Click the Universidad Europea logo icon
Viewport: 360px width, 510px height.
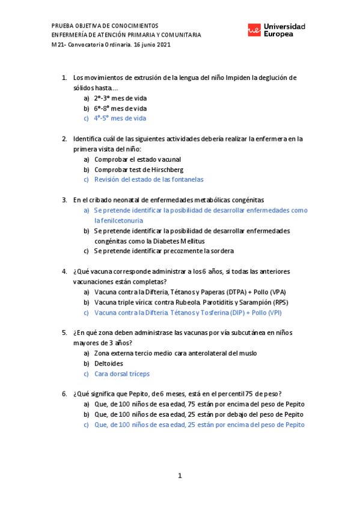tap(254, 31)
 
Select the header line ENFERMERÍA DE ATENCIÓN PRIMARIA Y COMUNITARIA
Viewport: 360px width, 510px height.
tap(126, 35)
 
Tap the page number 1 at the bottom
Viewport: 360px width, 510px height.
tap(180, 476)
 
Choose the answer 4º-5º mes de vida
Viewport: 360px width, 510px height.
tap(120, 118)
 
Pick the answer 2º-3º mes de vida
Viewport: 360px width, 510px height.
tap(120, 98)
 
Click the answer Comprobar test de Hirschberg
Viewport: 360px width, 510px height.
tap(139, 170)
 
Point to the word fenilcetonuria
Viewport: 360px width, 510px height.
tap(118, 221)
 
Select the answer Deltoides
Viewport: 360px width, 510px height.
tap(109, 363)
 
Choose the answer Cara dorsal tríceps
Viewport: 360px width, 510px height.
tap(122, 373)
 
